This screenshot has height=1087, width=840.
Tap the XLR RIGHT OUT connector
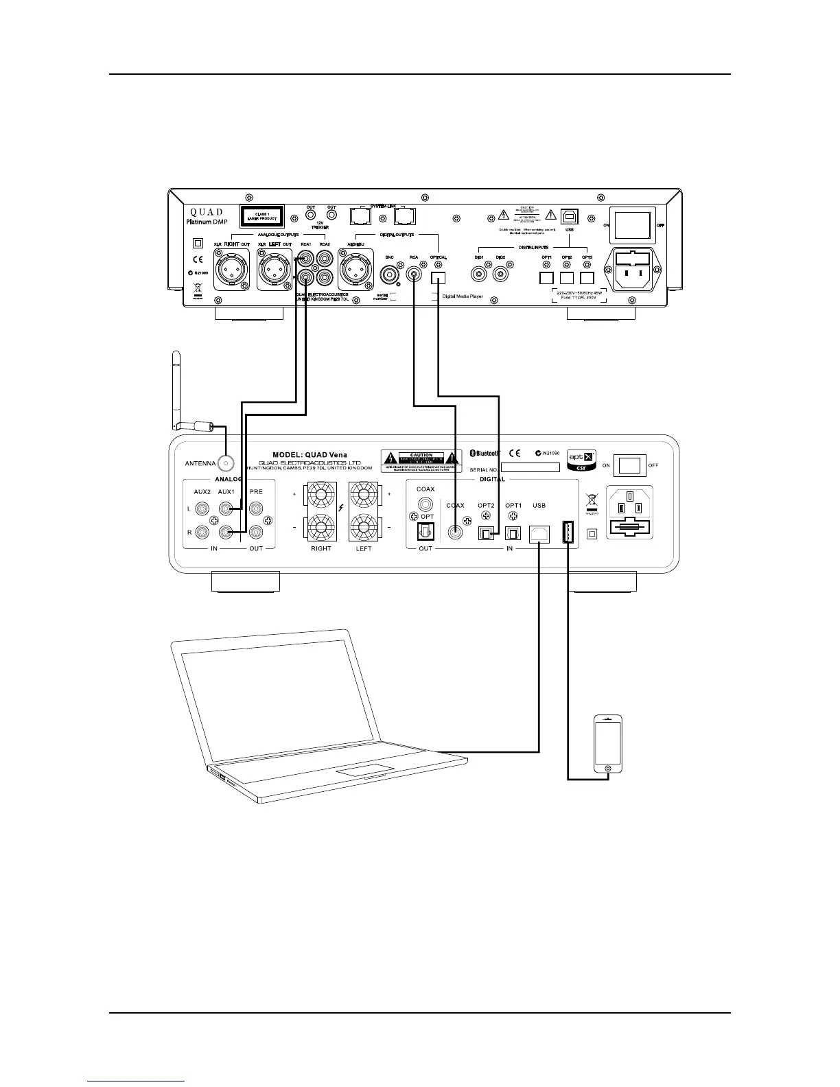231,268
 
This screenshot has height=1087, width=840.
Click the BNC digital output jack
390,276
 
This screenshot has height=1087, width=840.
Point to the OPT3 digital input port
587,278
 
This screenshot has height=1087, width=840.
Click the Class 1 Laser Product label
261,216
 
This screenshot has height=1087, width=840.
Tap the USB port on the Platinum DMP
570,215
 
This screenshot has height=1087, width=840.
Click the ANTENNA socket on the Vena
224,464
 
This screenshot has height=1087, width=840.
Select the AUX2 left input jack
202,509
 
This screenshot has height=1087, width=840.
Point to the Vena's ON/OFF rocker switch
629,466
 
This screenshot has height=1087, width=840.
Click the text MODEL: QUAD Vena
310,454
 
